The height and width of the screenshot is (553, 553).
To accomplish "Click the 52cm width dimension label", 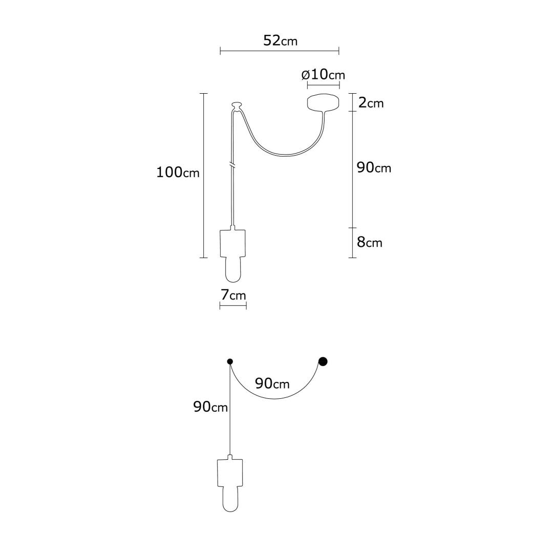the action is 281,40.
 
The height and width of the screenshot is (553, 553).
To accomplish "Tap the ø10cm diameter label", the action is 323,74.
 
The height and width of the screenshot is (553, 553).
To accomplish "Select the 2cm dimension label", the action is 371,102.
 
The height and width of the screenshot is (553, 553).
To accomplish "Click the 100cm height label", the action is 178,172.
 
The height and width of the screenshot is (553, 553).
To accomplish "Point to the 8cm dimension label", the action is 370,242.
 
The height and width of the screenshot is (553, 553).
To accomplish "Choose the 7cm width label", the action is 233,295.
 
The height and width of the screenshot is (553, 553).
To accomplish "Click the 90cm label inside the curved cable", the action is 272,383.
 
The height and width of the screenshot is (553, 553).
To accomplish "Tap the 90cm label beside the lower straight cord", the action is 210,407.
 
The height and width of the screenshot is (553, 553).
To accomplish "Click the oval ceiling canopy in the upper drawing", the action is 323,102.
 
